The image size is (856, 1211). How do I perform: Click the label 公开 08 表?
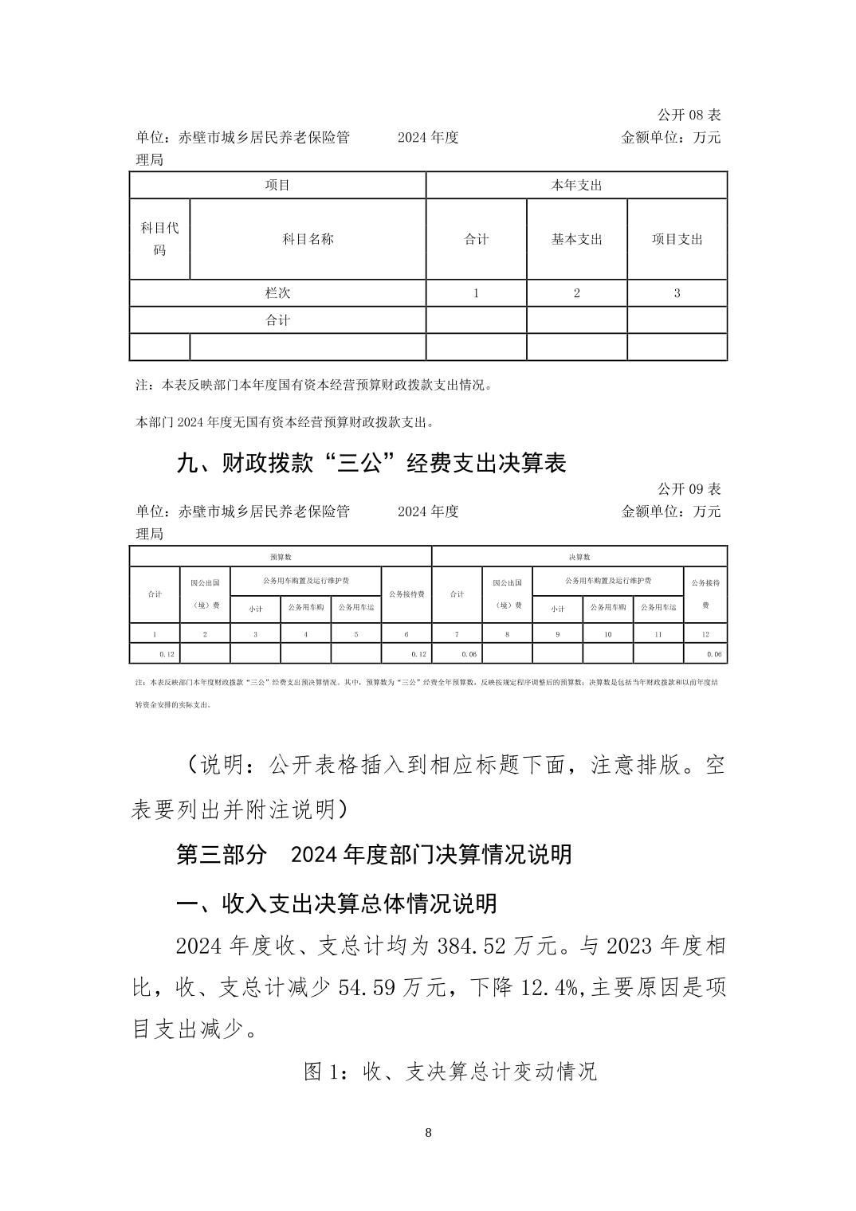pyautogui.click(x=689, y=116)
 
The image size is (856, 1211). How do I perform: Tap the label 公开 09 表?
pyautogui.click(x=689, y=488)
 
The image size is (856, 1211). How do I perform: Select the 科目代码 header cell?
pyautogui.click(x=159, y=238)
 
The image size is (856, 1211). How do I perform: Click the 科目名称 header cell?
pyautogui.click(x=308, y=238)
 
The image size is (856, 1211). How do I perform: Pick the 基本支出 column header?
pyautogui.click(x=576, y=238)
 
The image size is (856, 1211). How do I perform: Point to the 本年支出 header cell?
pyautogui.click(x=576, y=185)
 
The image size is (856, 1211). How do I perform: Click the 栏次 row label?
pyautogui.click(x=277, y=292)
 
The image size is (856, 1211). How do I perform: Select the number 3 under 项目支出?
pyautogui.click(x=677, y=292)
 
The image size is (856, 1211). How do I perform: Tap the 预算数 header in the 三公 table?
pyautogui.click(x=280, y=557)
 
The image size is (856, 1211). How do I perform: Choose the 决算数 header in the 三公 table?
pyautogui.click(x=579, y=557)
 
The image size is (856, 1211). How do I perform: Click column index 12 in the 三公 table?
pyautogui.click(x=705, y=634)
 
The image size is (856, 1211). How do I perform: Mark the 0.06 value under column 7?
pyautogui.click(x=469, y=654)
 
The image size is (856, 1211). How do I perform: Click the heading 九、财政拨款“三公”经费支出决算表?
pyautogui.click(x=371, y=463)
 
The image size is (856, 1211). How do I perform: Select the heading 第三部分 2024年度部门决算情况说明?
pyautogui.click(x=373, y=854)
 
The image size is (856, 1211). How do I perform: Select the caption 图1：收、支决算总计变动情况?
pyautogui.click(x=450, y=1072)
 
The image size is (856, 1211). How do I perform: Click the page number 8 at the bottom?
pyautogui.click(x=429, y=1132)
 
